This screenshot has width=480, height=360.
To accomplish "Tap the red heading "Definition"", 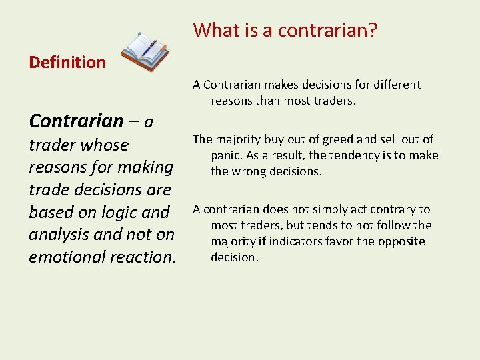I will [67, 63].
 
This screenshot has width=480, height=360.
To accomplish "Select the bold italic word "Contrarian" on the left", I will [76, 121].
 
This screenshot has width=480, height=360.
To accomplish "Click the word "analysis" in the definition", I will [56, 235].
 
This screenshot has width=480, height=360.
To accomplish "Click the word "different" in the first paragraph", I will [396, 85].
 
